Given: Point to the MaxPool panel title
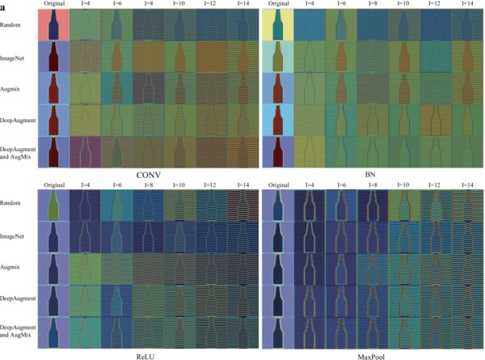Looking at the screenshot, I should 371,354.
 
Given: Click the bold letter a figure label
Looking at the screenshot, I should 5,6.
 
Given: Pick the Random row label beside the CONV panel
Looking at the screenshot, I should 13,25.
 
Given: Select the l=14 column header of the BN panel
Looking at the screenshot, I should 466,6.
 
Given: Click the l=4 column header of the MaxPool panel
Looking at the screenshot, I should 304,185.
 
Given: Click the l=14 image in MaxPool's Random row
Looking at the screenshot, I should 466,205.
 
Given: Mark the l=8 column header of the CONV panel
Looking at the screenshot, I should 148,6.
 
